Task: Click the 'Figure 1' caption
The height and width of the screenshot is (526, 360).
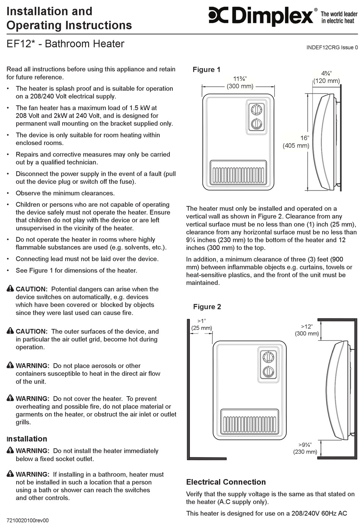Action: click(x=207, y=69)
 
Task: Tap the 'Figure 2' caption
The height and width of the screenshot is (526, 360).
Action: click(x=207, y=307)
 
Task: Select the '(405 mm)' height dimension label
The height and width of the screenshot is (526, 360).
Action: click(x=296, y=146)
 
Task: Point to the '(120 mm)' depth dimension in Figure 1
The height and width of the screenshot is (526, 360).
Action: click(x=326, y=81)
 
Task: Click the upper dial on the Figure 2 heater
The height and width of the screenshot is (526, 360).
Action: click(x=268, y=358)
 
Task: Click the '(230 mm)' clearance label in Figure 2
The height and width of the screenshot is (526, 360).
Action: click(x=305, y=452)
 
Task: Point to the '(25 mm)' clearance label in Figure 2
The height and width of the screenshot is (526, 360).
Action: click(x=202, y=328)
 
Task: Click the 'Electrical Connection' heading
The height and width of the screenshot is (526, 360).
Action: click(x=226, y=482)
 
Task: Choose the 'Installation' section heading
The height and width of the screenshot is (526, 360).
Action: click(x=27, y=439)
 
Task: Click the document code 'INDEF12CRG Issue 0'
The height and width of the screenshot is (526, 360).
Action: click(x=332, y=48)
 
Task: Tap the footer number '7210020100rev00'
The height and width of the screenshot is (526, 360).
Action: click(x=28, y=520)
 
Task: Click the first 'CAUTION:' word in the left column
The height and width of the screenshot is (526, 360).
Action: click(x=31, y=289)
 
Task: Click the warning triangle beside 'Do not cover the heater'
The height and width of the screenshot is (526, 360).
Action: click(x=10, y=398)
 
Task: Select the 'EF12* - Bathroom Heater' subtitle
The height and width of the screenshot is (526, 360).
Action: click(x=66, y=44)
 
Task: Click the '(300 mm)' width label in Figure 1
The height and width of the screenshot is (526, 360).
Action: click(x=240, y=86)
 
